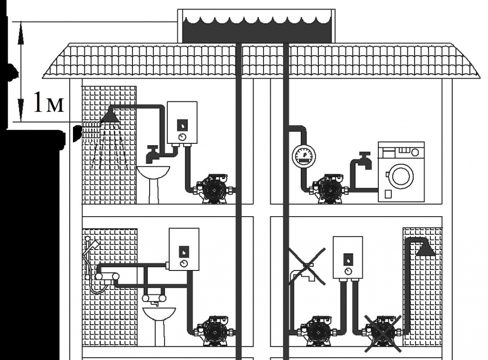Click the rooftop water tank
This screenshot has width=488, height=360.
[x=256, y=26]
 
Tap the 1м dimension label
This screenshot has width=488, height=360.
[x=49, y=102]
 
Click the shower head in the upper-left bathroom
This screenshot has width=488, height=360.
[x=109, y=116]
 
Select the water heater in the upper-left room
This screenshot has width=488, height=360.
[x=182, y=123]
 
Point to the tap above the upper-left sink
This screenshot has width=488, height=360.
[x=152, y=154]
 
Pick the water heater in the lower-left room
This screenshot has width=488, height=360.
[x=184, y=250]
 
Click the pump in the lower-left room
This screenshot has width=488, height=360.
[x=214, y=331]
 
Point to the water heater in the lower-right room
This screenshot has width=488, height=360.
[x=347, y=258]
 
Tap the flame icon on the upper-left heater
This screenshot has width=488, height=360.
[x=182, y=126]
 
